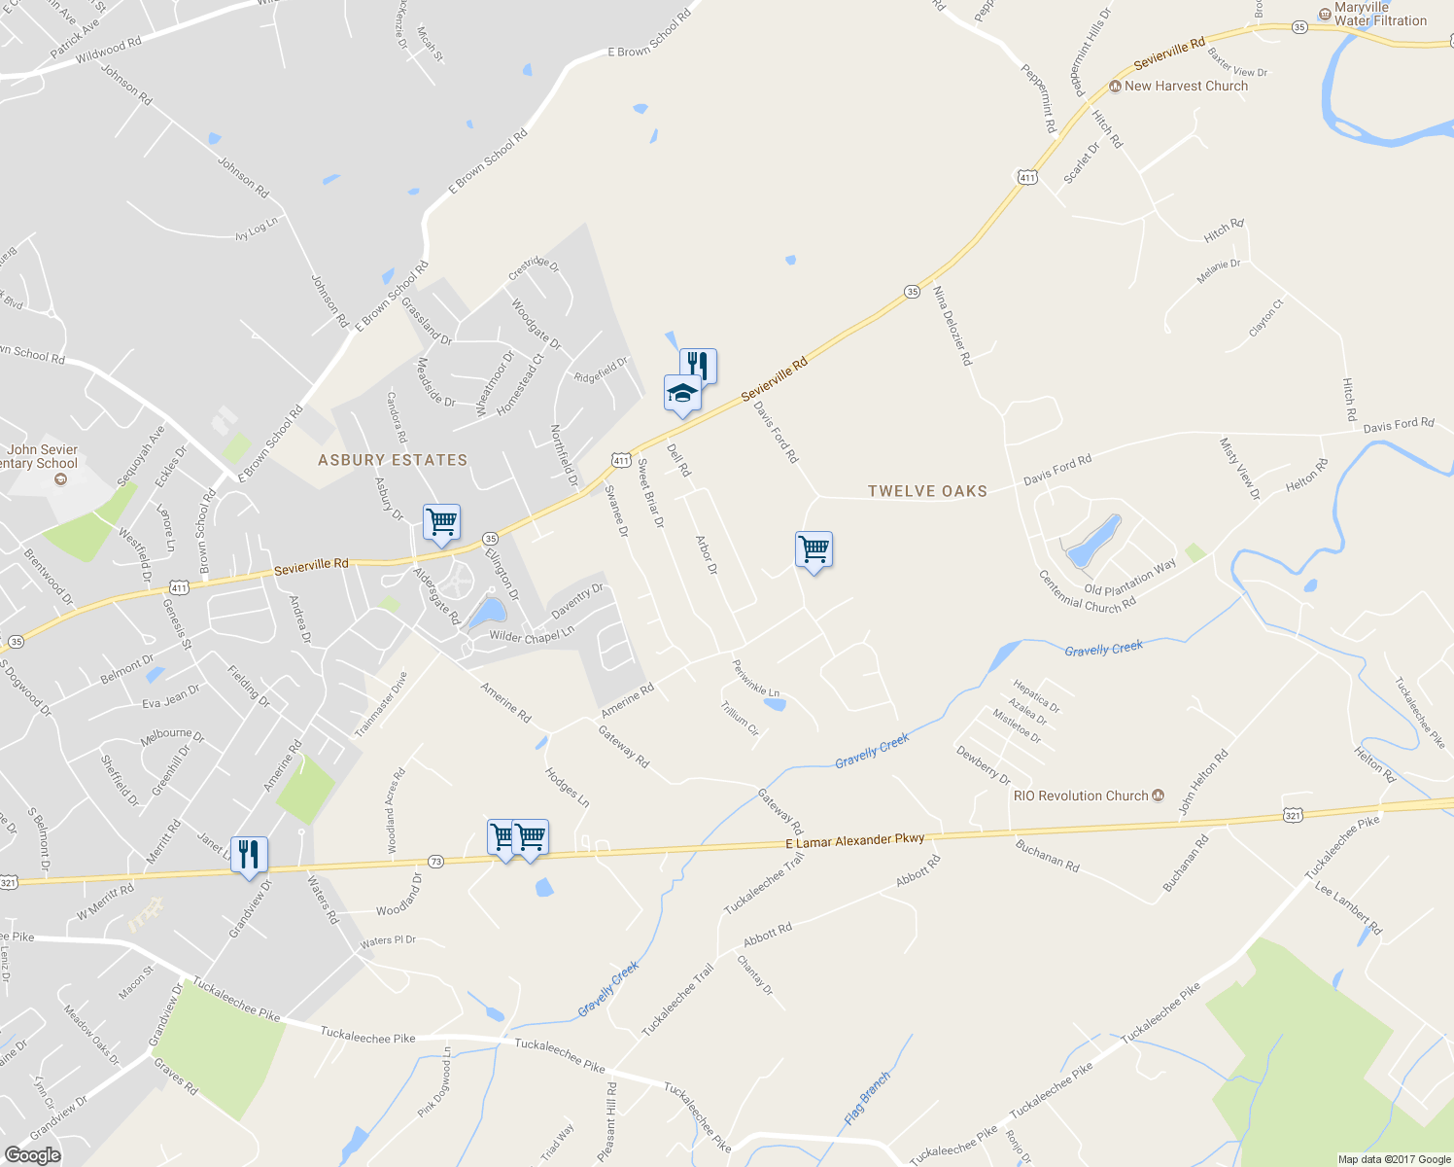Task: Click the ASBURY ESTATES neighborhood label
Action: pyautogui.click(x=393, y=460)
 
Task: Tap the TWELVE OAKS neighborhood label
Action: pyautogui.click(x=927, y=491)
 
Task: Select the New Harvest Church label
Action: pyautogui.click(x=1185, y=87)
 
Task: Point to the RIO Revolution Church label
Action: pyautogui.click(x=1081, y=796)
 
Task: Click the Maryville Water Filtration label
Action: pyautogui.click(x=1379, y=14)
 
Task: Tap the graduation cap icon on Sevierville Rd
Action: pyautogui.click(x=682, y=393)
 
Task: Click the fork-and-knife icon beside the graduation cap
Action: pyautogui.click(x=699, y=366)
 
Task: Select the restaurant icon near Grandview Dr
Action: pyautogui.click(x=249, y=855)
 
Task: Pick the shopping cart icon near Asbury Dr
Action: pyautogui.click(x=442, y=522)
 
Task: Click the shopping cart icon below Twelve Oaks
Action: pyautogui.click(x=814, y=549)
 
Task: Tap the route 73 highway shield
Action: pyautogui.click(x=435, y=862)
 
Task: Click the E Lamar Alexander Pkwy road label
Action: pyautogui.click(x=855, y=840)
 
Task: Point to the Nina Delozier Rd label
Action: pyautogui.click(x=952, y=325)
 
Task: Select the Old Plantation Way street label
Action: pyautogui.click(x=1130, y=578)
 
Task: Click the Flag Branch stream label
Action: pyautogui.click(x=867, y=1099)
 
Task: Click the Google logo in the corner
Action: pyautogui.click(x=32, y=1155)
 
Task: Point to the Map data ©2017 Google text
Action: pyautogui.click(x=1394, y=1159)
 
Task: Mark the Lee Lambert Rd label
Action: pyautogui.click(x=1348, y=908)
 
